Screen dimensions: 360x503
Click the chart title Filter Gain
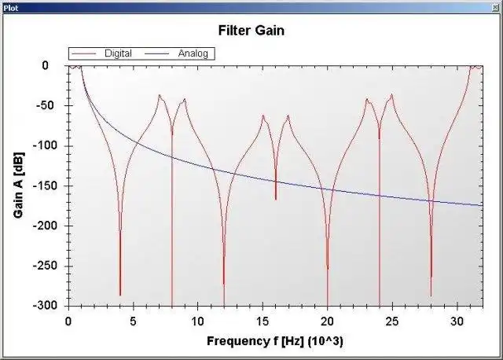tap(251, 31)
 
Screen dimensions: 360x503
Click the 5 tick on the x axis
tap(133, 321)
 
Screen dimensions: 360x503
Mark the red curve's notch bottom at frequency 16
tap(276, 199)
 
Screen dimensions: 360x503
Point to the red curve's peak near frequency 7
tap(160, 96)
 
